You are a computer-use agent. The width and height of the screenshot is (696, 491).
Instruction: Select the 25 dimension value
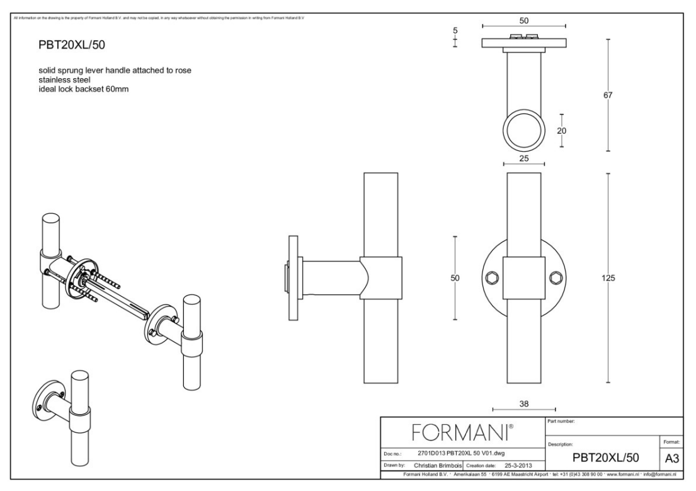tap(524, 159)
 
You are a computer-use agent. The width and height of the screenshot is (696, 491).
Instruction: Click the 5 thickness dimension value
tap(455, 30)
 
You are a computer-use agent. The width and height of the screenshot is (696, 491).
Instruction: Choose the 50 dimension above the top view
tap(524, 20)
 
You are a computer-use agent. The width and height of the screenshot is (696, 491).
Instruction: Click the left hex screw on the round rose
tap(491, 277)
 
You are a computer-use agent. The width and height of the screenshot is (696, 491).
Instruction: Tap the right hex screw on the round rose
tap(556, 277)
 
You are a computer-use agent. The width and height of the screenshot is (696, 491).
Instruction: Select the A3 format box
tap(670, 458)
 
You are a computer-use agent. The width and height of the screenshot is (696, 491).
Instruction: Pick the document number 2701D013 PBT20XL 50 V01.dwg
tap(461, 453)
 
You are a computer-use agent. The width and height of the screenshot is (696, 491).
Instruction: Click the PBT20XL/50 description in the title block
tap(601, 456)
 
